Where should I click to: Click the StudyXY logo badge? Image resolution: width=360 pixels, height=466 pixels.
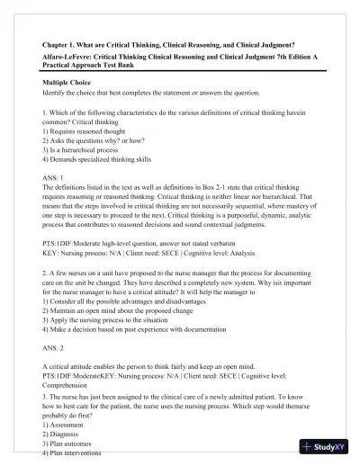(x=327, y=446)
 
